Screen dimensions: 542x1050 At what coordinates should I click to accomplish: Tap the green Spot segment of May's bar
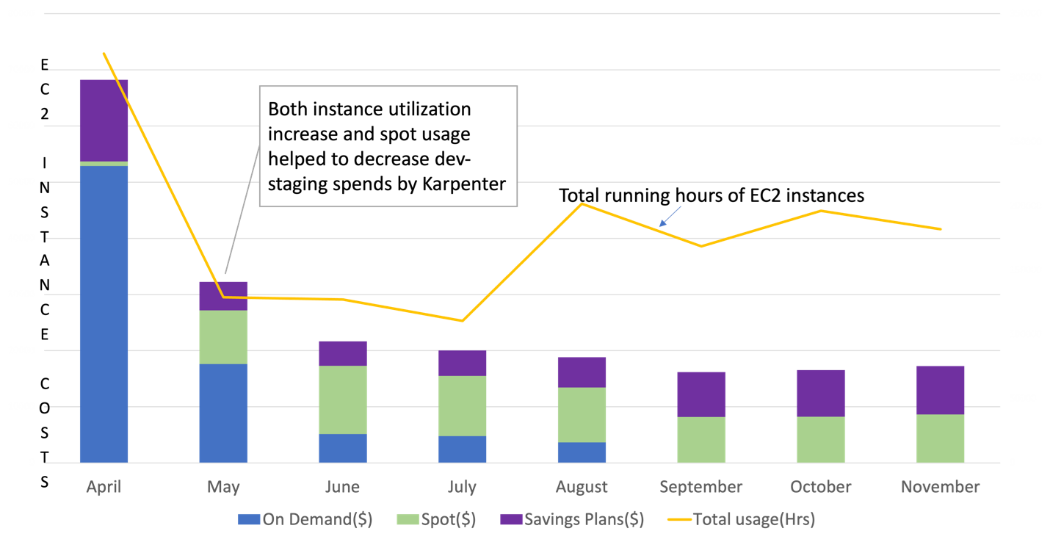(223, 337)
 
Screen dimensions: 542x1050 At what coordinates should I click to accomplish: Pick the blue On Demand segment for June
(343, 448)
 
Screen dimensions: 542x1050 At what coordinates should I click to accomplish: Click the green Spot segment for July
(463, 406)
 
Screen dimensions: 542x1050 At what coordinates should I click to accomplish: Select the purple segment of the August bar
(582, 372)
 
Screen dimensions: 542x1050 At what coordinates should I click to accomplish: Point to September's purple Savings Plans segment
(701, 394)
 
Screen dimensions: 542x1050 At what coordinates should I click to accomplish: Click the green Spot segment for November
(941, 438)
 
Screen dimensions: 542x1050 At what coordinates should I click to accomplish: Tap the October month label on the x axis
(821, 487)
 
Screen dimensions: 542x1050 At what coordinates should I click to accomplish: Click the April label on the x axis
(104, 487)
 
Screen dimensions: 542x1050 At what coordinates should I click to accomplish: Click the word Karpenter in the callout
(465, 184)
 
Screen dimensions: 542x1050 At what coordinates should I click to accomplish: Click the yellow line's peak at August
(582, 203)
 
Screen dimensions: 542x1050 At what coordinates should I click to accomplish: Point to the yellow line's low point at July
(463, 320)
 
